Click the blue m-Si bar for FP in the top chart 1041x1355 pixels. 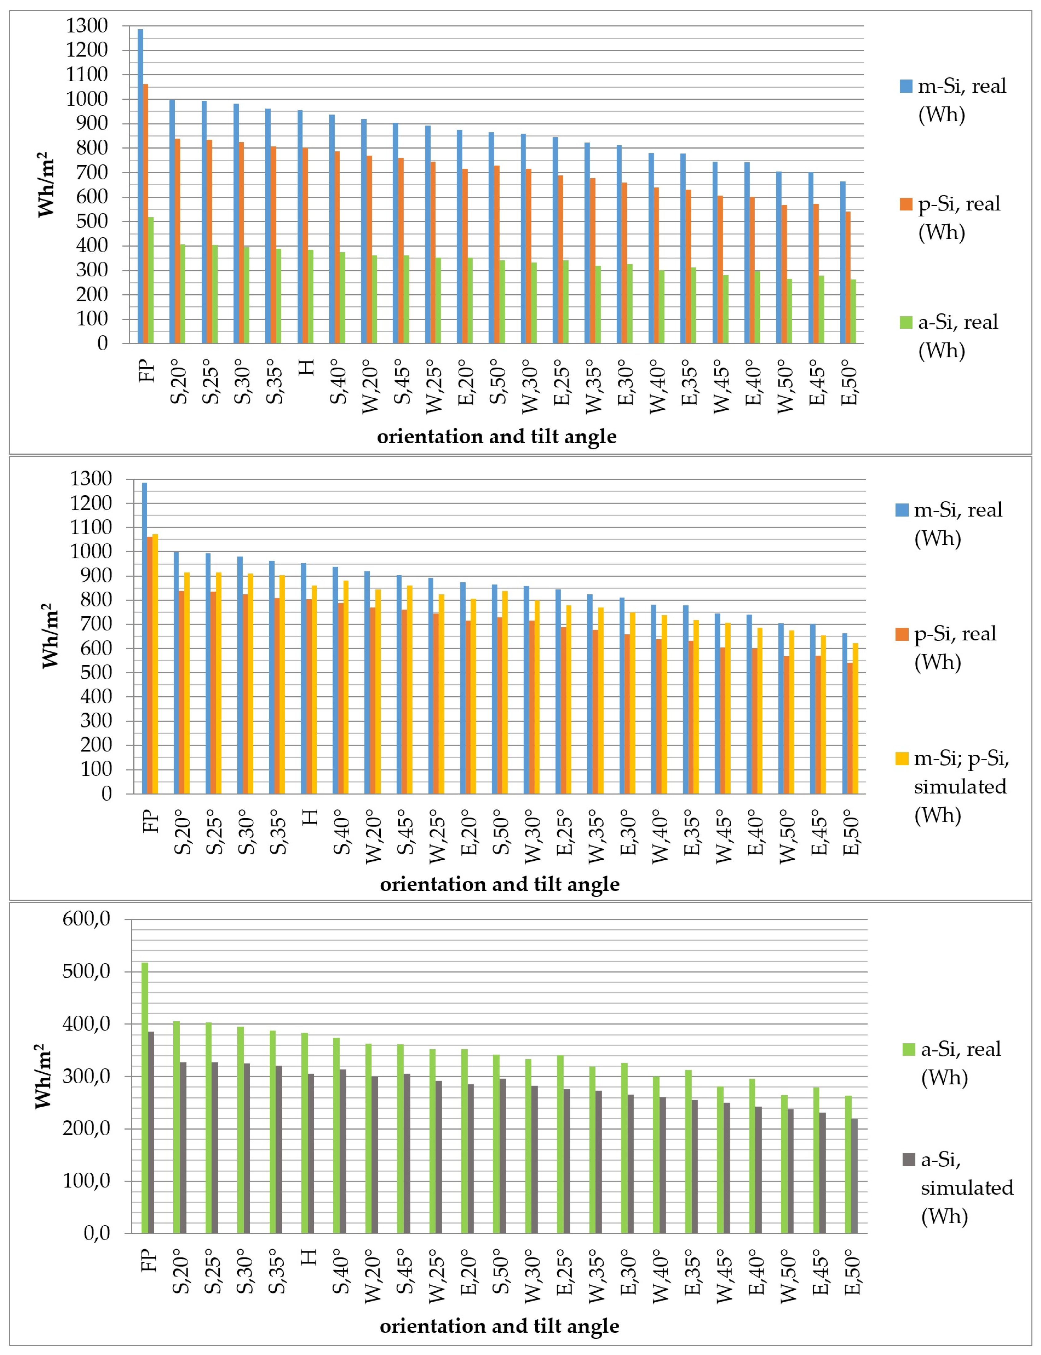(140, 186)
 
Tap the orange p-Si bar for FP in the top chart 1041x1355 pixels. (146, 214)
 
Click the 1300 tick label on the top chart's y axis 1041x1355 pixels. (87, 26)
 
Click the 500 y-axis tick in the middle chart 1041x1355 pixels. (96, 672)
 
